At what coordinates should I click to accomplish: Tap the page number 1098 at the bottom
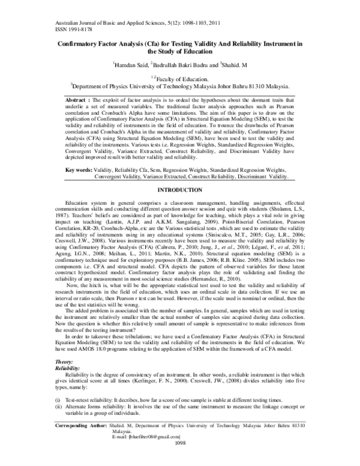click(x=180, y=459)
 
